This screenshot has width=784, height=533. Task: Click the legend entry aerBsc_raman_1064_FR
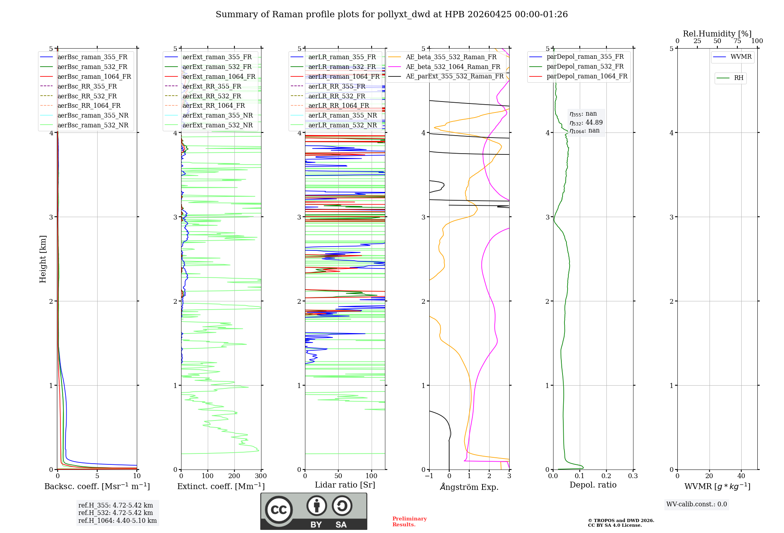point(94,76)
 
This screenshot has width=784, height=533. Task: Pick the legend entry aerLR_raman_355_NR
point(342,115)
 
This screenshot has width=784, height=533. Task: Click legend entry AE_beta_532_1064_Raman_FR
point(453,67)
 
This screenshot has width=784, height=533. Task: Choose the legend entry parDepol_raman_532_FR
point(585,67)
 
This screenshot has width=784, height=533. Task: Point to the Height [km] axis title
point(43,259)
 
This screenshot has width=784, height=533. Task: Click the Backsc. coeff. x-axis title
point(97,486)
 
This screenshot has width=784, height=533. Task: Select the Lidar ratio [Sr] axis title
point(345,485)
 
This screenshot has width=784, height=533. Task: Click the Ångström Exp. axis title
point(469,487)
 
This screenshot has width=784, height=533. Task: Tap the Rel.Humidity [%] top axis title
point(717,34)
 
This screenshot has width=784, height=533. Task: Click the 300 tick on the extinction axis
point(261,476)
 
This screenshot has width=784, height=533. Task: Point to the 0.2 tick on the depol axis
point(606,476)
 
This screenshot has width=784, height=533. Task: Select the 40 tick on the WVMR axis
point(741,476)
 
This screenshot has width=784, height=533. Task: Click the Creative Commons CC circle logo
point(279,509)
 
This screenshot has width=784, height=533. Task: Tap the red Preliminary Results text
point(409,522)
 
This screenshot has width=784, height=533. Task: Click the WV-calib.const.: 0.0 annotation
point(697,504)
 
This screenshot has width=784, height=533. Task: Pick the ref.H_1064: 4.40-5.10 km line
point(117,521)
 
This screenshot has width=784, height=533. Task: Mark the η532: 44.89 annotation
point(586,123)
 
